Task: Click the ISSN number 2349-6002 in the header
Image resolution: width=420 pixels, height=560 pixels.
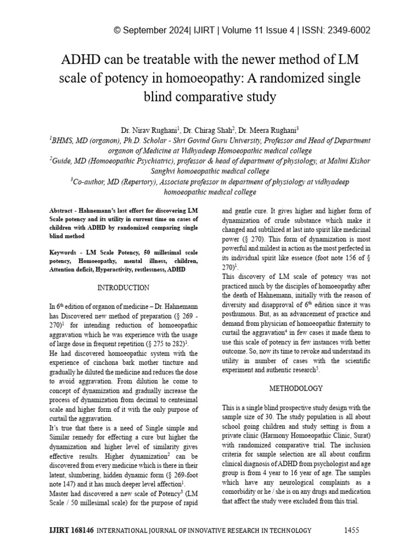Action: point(347,30)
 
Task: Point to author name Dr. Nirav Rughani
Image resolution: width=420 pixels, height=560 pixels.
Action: point(147,131)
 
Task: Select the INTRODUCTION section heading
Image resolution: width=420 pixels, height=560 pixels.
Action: point(123,288)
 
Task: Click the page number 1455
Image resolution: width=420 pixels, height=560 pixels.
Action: point(353,530)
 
